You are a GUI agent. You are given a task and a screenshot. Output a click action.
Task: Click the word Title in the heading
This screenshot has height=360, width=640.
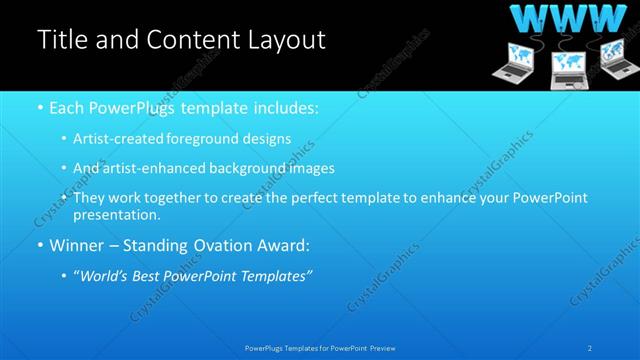62,40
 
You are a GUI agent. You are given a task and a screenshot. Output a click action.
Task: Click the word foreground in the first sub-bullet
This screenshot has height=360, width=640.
205,138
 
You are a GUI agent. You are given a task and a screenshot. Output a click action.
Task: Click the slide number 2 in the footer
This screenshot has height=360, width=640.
590,347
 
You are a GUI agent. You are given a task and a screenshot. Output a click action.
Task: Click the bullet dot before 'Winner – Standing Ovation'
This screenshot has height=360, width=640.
39,244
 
